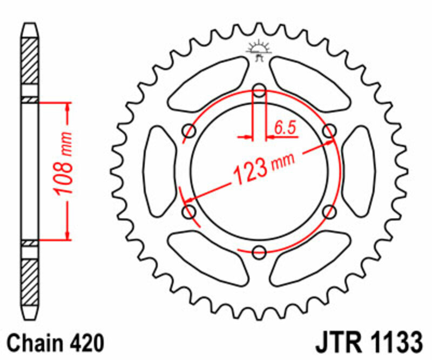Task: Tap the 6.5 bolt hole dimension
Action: point(285,128)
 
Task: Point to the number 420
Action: point(84,343)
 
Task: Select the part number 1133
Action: point(395,343)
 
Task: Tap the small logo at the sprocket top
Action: point(259,49)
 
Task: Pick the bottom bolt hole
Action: point(259,251)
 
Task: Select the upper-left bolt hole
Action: point(190,130)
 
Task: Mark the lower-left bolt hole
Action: point(190,212)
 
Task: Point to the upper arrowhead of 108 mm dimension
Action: point(67,108)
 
